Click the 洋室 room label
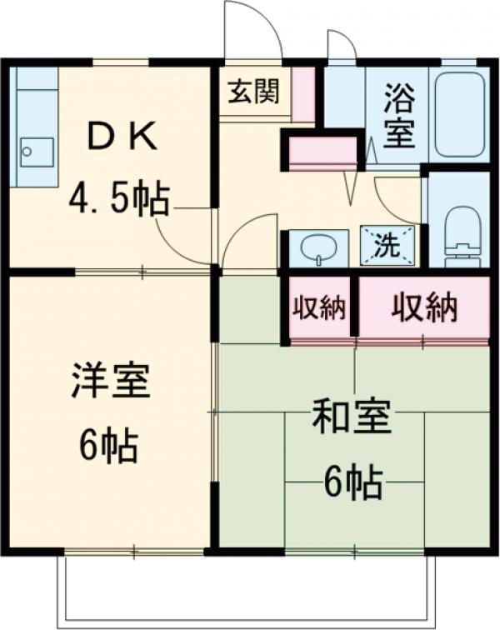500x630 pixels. click(109, 384)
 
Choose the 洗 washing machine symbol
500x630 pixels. click(387, 246)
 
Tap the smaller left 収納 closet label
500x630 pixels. click(318, 309)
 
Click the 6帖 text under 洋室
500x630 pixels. click(108, 447)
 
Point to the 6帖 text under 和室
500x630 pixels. click(352, 481)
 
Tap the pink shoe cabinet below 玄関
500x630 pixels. click(322, 152)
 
